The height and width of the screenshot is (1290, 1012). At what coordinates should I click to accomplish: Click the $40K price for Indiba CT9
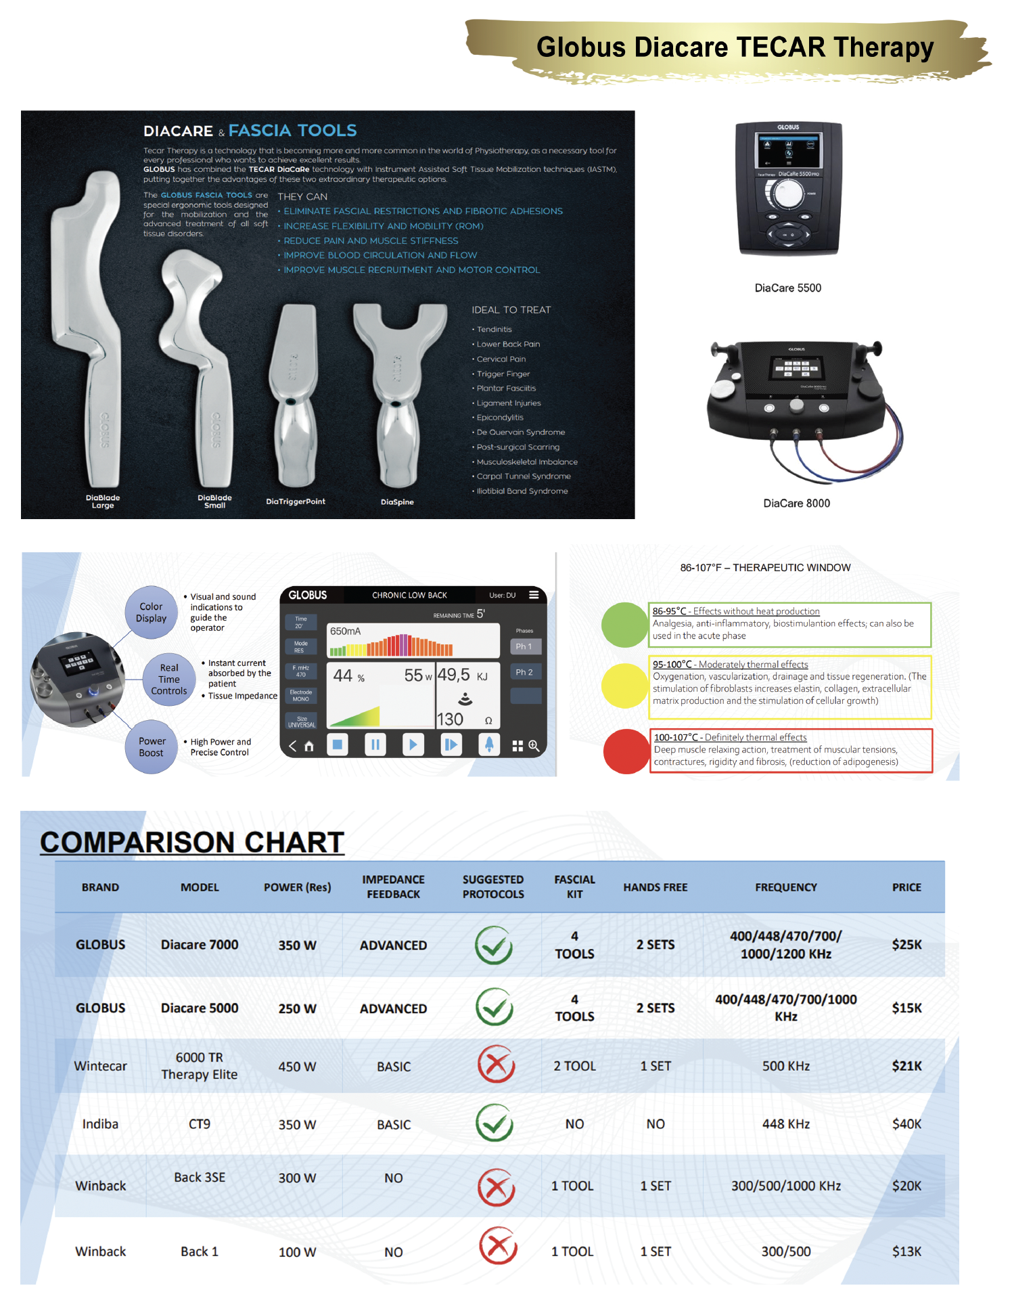coord(906,1124)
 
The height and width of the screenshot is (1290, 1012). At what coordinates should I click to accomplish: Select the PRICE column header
coord(906,887)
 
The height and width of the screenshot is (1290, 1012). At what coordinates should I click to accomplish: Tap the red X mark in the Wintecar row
coord(496,1065)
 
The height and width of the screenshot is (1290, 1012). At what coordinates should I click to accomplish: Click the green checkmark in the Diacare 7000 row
coord(494,945)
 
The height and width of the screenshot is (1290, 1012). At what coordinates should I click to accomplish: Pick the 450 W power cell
coord(297,1067)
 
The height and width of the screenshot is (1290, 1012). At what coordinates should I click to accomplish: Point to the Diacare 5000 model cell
coord(200,1008)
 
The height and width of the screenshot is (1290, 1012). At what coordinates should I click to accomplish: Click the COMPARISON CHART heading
coord(192,842)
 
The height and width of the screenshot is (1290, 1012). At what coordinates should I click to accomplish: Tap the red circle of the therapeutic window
coord(626,751)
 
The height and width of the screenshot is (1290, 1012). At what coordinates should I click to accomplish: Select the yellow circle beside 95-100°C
coord(624,686)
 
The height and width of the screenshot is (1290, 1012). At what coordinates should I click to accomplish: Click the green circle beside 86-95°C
coord(624,624)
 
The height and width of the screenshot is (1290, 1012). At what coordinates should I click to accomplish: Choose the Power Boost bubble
coord(152,747)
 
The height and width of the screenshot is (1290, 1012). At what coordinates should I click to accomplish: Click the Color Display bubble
coord(151,613)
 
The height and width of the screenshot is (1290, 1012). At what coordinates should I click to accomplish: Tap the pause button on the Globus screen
coord(375,745)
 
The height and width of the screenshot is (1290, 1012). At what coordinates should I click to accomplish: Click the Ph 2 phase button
coord(524,672)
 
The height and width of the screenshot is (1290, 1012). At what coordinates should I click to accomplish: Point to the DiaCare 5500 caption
coord(787,288)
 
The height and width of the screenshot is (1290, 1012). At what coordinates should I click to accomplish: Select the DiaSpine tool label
coord(397,502)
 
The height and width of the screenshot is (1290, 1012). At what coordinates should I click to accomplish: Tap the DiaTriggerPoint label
coord(296,502)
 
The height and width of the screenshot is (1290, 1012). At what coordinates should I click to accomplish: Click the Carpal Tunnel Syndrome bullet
coord(524,476)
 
